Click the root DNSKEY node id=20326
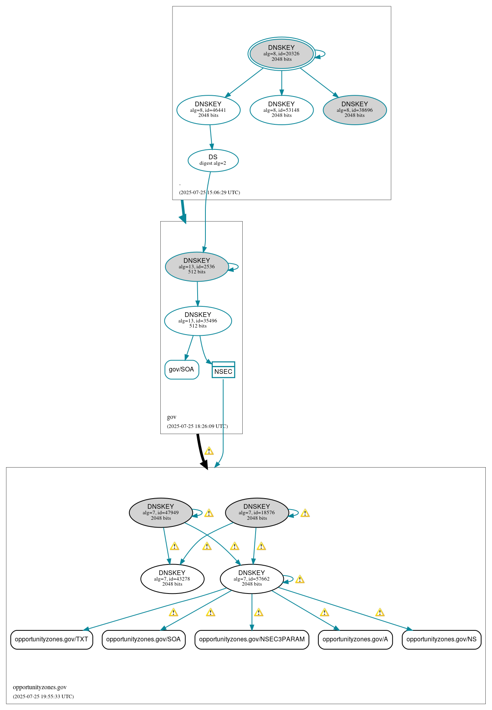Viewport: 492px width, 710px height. coord(281,53)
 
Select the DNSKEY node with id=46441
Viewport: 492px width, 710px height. coord(208,110)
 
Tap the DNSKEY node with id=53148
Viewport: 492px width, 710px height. coord(281,110)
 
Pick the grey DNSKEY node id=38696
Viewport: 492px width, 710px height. coord(355,110)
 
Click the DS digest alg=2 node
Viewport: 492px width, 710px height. coord(213,160)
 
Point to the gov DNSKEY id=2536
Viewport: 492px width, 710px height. coord(197,266)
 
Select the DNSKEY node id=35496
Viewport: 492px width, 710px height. coord(198,320)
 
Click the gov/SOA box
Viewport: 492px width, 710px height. coord(182,370)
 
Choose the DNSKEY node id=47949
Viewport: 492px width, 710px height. coord(161,513)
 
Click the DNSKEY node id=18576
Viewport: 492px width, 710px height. coord(257,513)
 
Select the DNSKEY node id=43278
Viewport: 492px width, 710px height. coord(172,579)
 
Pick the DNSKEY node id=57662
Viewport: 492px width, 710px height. coord(252,579)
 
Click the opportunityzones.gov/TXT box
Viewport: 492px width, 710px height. coord(51,639)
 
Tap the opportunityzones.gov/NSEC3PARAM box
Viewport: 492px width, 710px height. coord(252,639)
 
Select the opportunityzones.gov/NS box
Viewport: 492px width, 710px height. coord(441,639)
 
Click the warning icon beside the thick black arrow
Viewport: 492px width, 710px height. coord(209,451)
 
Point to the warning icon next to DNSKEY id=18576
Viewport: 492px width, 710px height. coord(305,513)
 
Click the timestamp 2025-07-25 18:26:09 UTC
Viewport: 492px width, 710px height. coord(197,426)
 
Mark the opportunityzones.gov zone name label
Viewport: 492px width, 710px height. coord(40,687)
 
